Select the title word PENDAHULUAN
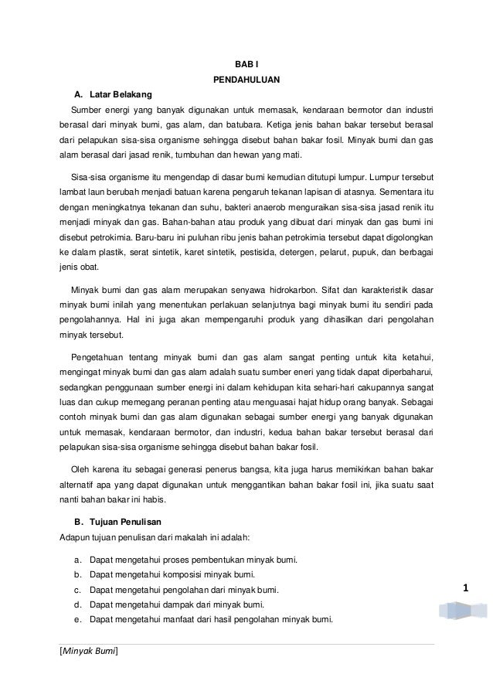coord(246,79)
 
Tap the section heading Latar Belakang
coord(115,94)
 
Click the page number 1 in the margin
coord(466,590)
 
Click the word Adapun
coord(76,537)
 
